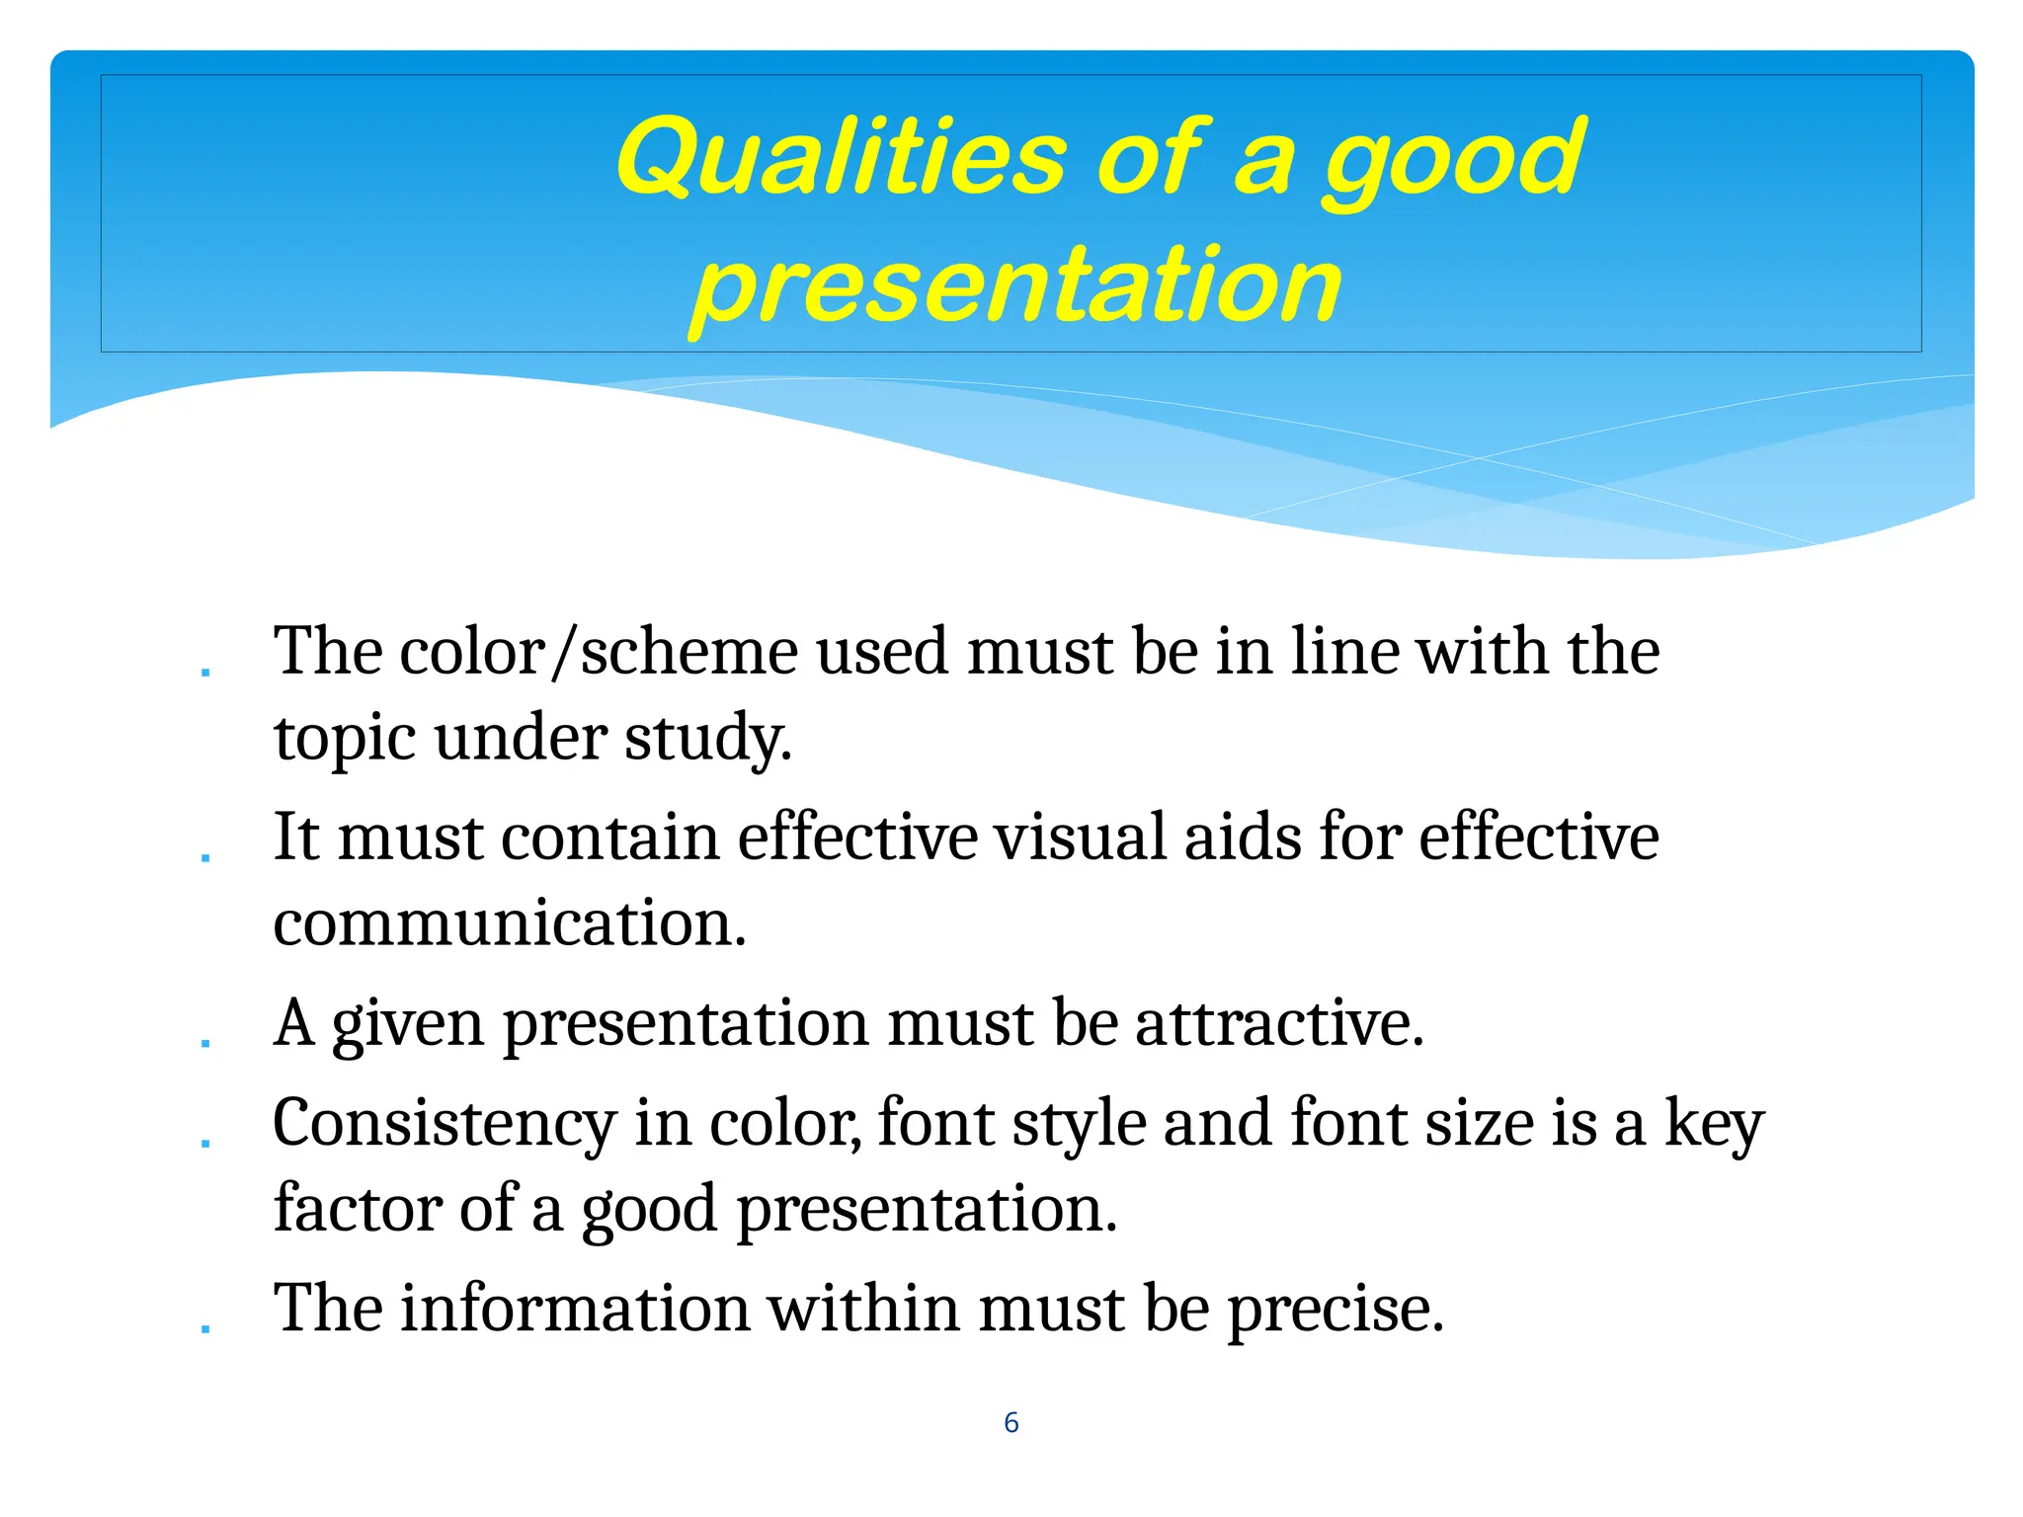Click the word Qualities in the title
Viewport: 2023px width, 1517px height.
coord(841,158)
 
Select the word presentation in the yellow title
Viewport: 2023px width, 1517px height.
coord(1016,286)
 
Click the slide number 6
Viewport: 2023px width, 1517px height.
coord(1011,1422)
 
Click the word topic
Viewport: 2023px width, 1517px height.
coord(343,739)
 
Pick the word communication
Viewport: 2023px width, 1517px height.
coord(509,924)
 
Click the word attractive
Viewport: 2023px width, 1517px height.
coord(1279,1023)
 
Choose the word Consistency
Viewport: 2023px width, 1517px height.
coord(445,1124)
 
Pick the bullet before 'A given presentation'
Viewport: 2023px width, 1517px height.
coord(205,1043)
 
